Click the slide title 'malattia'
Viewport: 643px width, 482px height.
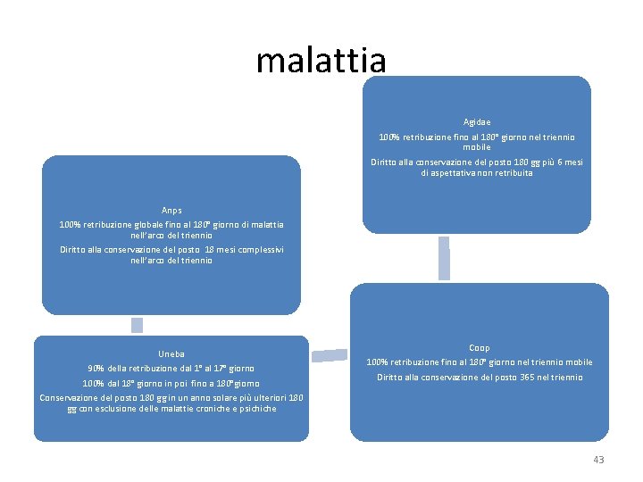click(321, 60)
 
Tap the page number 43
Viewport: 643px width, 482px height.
click(598, 460)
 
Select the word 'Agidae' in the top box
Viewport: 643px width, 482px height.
click(476, 121)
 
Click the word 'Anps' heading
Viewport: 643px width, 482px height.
click(171, 211)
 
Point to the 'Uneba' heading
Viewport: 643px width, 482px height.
click(171, 353)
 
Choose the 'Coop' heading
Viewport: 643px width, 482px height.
click(479, 347)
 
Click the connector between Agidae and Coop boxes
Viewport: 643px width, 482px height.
click(444, 259)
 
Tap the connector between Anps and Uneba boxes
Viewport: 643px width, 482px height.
click(137, 325)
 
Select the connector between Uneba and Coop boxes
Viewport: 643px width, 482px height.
click(329, 355)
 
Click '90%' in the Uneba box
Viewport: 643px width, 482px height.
click(96, 368)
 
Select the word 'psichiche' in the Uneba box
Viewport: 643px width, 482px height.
click(254, 409)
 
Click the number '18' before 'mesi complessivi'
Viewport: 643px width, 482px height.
click(209, 250)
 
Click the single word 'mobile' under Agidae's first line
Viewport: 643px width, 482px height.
click(476, 147)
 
